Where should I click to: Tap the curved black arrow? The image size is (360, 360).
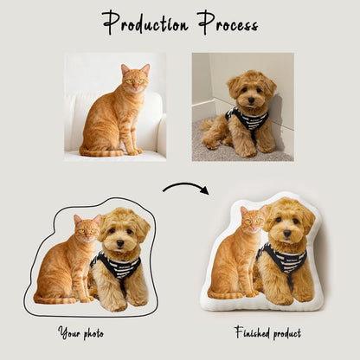pyautogui.click(x=185, y=187)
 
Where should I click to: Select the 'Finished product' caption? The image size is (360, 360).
pyautogui.click(x=267, y=331)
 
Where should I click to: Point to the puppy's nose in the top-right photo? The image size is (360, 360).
pyautogui.click(x=248, y=98)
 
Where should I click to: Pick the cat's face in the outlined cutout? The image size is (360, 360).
pyautogui.click(x=87, y=230)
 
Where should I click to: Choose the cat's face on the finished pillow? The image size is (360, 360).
pyautogui.click(x=251, y=222)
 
